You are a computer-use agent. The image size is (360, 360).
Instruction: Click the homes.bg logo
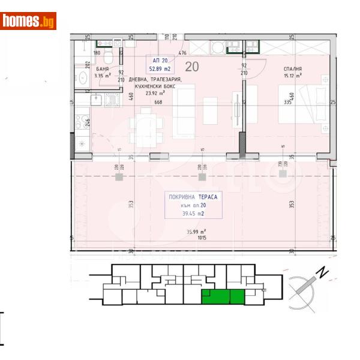tap(28, 21)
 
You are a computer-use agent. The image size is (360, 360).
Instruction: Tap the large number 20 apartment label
tap(193, 66)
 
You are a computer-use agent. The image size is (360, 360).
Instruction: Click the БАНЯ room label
tap(102, 70)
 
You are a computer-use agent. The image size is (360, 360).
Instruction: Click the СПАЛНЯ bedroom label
tap(292, 70)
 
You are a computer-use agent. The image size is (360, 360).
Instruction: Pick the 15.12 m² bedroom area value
tap(292, 76)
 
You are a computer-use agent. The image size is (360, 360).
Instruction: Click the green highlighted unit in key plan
tap(223, 296)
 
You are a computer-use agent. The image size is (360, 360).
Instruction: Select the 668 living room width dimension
tap(158, 102)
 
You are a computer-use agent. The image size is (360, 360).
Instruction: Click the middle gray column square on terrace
tap(201, 177)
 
